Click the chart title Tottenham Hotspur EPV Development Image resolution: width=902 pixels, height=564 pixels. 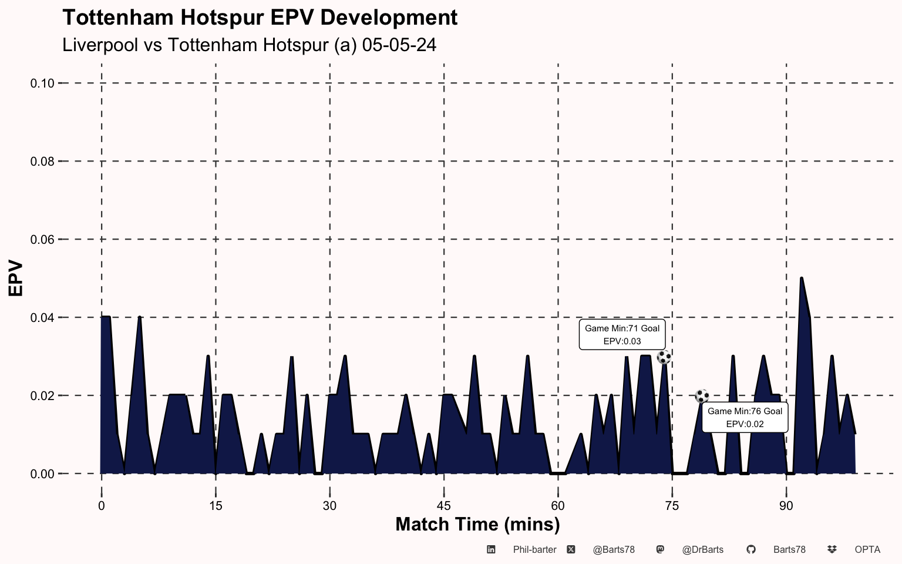point(260,18)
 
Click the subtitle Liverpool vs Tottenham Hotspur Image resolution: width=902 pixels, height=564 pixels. point(249,45)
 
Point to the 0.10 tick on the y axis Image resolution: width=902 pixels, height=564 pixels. point(42,83)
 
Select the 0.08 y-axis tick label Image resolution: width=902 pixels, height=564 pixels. point(42,162)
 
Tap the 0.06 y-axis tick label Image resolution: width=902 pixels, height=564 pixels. point(42,240)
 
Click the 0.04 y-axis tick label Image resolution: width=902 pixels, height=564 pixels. point(42,318)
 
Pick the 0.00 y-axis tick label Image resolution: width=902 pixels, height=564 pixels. point(42,474)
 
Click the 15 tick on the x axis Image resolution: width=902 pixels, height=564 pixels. point(216,506)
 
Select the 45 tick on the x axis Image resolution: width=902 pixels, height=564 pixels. point(444,506)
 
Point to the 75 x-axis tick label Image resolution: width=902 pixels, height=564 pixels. point(672,506)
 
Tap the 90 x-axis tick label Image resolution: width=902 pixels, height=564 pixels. point(786,506)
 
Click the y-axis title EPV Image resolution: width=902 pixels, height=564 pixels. point(16,278)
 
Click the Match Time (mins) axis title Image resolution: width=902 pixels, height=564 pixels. point(477,524)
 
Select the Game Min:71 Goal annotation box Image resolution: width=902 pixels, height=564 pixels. point(622,334)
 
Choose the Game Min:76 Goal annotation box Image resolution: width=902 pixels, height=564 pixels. point(745,417)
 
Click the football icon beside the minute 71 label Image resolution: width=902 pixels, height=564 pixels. point(664,357)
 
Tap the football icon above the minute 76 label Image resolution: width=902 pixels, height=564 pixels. point(702,396)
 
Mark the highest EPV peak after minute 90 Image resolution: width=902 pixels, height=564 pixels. point(801,278)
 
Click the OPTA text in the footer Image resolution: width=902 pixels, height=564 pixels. point(867,550)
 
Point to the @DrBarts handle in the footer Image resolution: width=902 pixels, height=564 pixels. point(702,550)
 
